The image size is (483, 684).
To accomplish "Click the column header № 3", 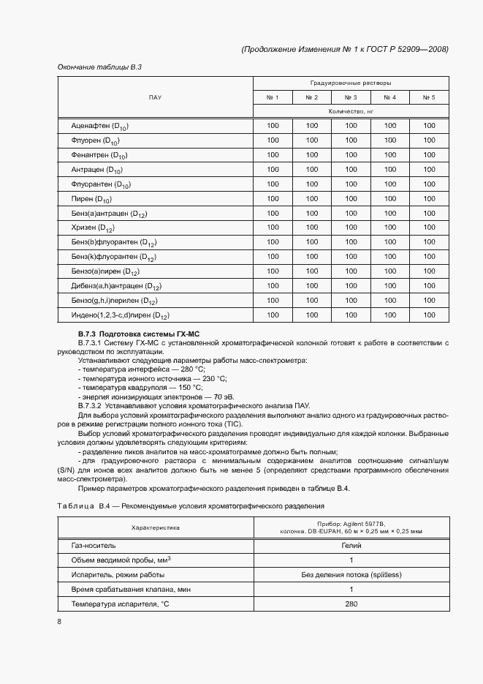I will (351, 97).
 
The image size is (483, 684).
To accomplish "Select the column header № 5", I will (428, 97).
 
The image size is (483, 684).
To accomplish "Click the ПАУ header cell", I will (155, 97).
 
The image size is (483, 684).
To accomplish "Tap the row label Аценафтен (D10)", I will (100, 126).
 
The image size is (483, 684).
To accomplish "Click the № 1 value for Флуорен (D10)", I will (273, 140).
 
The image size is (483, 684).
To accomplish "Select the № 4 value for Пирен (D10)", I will (389, 198).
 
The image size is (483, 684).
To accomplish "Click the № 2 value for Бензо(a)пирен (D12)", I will (312, 271).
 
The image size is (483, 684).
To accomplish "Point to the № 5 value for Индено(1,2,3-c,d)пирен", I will (428, 315).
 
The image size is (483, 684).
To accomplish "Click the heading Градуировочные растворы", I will (350, 83).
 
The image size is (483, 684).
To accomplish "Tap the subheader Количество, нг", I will (351, 111).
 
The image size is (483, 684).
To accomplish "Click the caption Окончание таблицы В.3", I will (99, 67).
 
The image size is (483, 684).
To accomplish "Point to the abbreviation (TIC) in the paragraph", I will (233, 424).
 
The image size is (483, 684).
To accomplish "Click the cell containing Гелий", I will (351, 545).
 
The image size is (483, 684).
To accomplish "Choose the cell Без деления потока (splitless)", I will (351, 574).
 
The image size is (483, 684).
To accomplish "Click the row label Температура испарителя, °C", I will (115, 604).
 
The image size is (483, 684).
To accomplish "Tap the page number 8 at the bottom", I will (59, 622).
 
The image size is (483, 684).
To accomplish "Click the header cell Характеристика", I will (155, 527).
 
